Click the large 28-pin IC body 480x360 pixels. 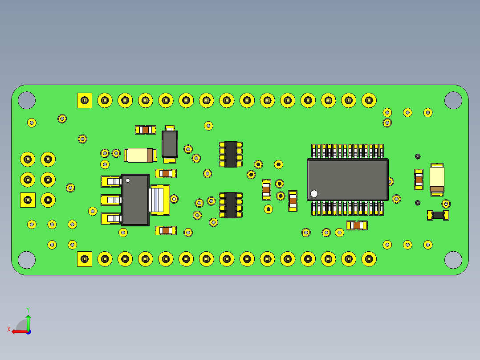pos(347,179)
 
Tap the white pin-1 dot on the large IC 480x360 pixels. pos(314,193)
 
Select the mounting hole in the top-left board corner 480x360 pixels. pos(27,100)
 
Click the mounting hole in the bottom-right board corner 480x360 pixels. pos(453,260)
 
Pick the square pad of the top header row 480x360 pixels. pos(84,100)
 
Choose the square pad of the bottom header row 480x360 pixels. pos(84,259)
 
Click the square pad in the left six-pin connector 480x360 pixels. pos(28,200)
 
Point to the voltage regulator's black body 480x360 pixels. pos(135,200)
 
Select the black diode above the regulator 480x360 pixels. pos(170,143)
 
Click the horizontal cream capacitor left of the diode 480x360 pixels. pos(140,155)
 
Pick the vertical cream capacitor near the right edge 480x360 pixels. pos(437,179)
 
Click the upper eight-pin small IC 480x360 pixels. pos(231,154)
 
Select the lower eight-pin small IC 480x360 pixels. pos(231,205)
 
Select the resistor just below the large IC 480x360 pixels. pos(357,225)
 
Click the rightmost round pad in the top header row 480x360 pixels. pos(369,100)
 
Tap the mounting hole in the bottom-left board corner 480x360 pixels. pos(27,260)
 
